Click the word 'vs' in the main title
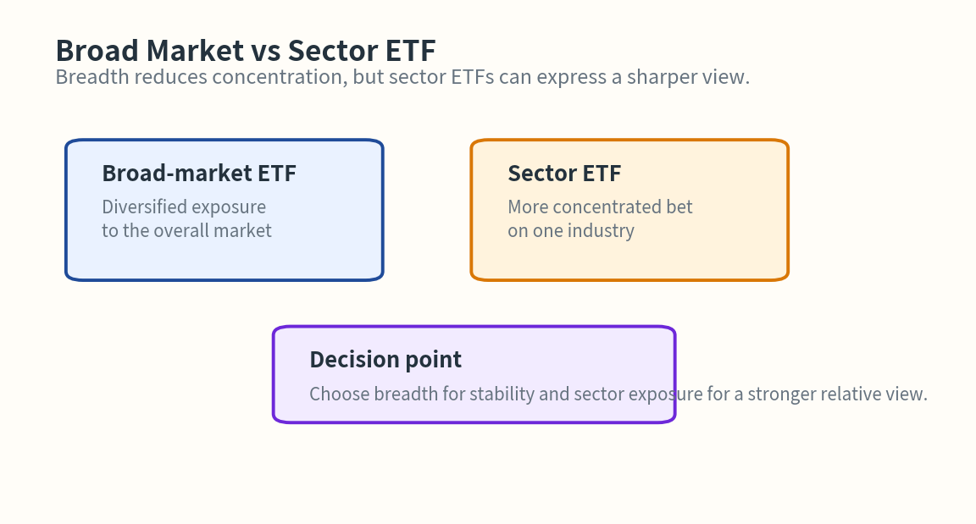point(260,51)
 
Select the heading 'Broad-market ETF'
point(199,174)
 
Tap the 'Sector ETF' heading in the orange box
point(564,174)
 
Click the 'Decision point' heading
point(385,360)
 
